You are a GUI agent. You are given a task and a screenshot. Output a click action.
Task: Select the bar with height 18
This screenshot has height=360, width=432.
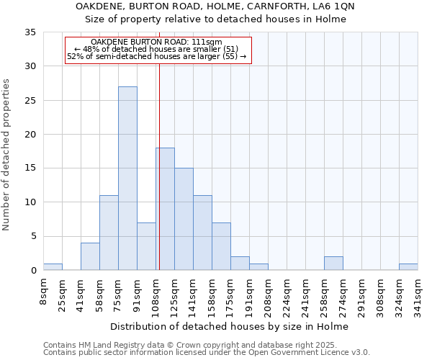(x=165, y=209)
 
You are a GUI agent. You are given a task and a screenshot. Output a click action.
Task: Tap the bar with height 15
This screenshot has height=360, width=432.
(x=184, y=219)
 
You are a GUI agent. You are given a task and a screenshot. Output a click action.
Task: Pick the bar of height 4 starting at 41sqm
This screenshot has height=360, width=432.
(x=90, y=256)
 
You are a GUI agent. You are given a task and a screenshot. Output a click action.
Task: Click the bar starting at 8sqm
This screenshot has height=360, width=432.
(x=53, y=266)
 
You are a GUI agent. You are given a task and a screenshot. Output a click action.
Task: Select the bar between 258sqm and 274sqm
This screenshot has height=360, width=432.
(x=333, y=264)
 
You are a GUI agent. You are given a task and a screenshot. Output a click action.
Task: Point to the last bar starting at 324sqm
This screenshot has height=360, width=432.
(x=408, y=266)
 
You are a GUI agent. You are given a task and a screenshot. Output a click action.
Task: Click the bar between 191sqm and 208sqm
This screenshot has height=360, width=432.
(x=258, y=266)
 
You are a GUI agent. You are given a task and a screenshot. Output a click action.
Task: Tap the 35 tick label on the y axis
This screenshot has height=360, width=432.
(x=30, y=32)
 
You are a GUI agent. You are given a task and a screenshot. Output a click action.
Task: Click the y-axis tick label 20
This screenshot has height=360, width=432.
(x=30, y=135)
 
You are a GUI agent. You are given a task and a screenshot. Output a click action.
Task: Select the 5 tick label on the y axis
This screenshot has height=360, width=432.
(x=33, y=236)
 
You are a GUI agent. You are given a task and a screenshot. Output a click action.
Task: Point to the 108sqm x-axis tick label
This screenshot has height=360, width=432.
(x=156, y=295)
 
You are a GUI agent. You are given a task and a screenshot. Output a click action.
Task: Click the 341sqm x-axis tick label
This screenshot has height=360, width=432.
(x=418, y=295)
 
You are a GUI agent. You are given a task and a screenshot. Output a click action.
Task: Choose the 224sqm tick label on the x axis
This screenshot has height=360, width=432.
(x=287, y=295)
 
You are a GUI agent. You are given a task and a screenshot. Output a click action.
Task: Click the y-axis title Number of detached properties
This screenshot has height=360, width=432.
(x=7, y=155)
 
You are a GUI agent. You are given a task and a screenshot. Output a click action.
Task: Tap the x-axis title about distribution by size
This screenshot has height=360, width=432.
(x=230, y=326)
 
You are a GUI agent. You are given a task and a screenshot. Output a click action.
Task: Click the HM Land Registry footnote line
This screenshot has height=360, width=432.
(x=184, y=345)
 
